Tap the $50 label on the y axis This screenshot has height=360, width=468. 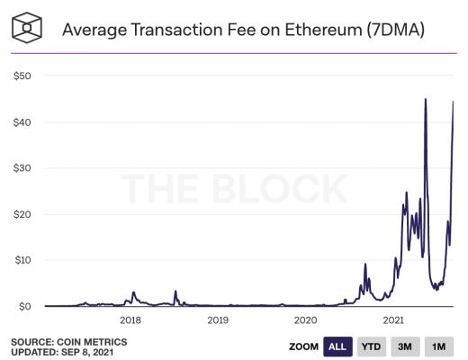(22, 76)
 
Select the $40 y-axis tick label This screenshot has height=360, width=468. (22, 121)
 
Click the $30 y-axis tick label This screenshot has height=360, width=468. (22, 168)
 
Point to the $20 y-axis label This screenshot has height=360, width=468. (22, 214)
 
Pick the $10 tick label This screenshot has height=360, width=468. (22, 260)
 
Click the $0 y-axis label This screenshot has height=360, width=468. (25, 306)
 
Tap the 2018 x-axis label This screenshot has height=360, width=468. (130, 320)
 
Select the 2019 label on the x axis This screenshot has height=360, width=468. (218, 320)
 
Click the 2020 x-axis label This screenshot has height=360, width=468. (305, 320)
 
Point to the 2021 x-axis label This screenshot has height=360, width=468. (392, 320)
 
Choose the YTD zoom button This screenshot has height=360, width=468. (370, 346)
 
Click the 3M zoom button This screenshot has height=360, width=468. (404, 346)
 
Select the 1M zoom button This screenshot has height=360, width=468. (438, 346)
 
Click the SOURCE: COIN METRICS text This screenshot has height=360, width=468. (69, 341)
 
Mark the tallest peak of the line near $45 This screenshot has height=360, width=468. (425, 99)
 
